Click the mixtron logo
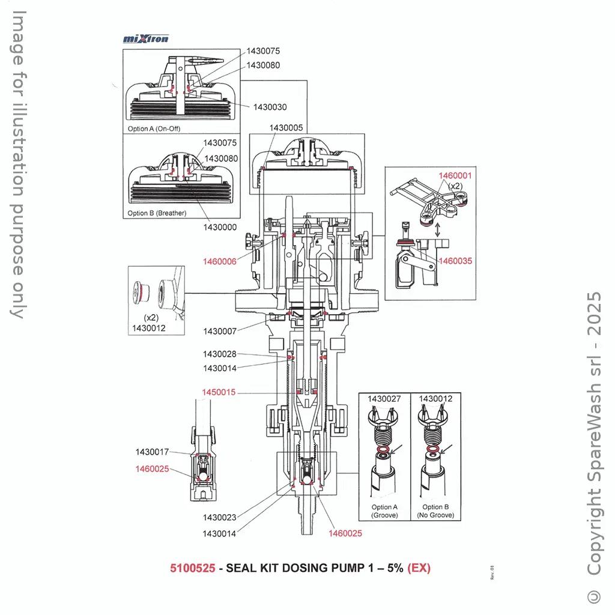tap(146, 39)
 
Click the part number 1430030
tap(270, 107)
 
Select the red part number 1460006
tap(219, 261)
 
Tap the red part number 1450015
tap(219, 392)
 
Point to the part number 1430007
tap(220, 331)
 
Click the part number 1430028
tap(220, 354)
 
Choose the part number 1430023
tap(220, 517)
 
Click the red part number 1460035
tap(455, 261)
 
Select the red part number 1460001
tap(455, 176)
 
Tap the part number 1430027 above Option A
tap(384, 398)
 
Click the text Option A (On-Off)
tap(154, 129)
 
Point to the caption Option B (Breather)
tap(157, 213)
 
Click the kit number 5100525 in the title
tap(192, 568)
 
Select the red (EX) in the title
tap(419, 568)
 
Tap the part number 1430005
tap(286, 128)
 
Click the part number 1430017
tap(152, 452)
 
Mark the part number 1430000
tap(220, 228)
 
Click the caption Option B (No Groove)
tap(435, 511)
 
